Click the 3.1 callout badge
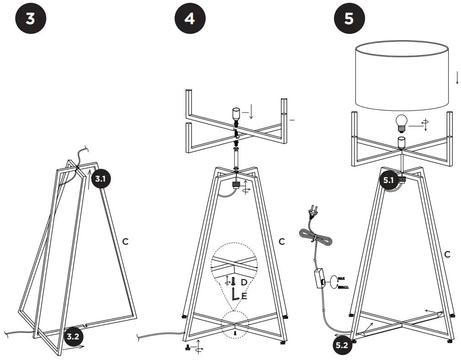click(x=100, y=179)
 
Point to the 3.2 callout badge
click(x=72, y=337)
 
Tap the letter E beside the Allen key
click(x=244, y=296)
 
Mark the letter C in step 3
click(x=125, y=241)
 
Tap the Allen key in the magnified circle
click(x=236, y=295)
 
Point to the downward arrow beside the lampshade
click(x=457, y=77)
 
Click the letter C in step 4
click(x=282, y=241)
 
